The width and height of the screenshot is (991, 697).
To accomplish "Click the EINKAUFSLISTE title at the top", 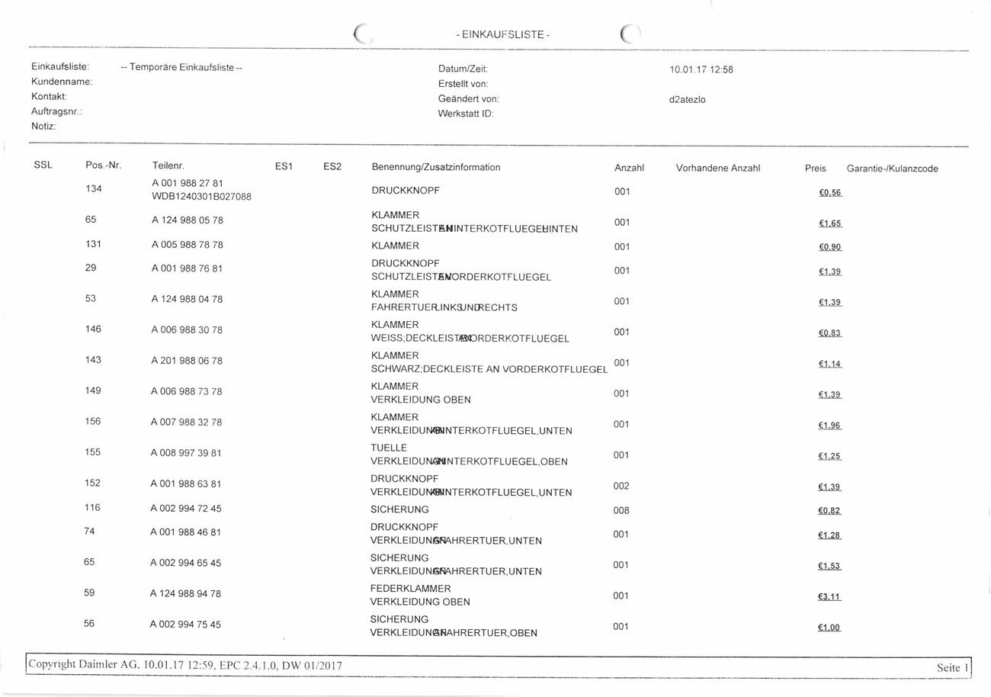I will pyautogui.click(x=502, y=35).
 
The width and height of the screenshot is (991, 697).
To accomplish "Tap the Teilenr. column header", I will pyautogui.click(x=168, y=167).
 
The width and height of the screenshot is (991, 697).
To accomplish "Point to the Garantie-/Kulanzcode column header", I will pyautogui.click(x=892, y=169).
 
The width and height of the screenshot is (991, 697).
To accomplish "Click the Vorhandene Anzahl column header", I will pyautogui.click(x=718, y=168).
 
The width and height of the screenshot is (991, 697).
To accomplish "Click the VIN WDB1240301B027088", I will pyautogui.click(x=202, y=197).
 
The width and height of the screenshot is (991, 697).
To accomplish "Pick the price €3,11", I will pyautogui.click(x=829, y=597).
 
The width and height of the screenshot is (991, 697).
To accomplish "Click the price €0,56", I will pyautogui.click(x=829, y=192).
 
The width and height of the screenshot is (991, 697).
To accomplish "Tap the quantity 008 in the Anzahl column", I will pyautogui.click(x=621, y=510).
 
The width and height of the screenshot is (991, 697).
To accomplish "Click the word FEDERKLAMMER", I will pyautogui.click(x=411, y=588).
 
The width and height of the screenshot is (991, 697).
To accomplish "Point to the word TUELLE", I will pyautogui.click(x=389, y=448).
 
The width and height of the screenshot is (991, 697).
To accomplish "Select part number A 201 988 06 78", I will pyautogui.click(x=187, y=360).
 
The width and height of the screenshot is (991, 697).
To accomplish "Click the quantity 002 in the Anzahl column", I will pyautogui.click(x=621, y=486).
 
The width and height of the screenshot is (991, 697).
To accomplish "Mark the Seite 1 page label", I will pyautogui.click(x=953, y=667).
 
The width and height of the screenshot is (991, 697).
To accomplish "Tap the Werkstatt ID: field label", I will pyautogui.click(x=466, y=114).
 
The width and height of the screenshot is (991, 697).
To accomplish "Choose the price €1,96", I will pyautogui.click(x=829, y=425).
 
